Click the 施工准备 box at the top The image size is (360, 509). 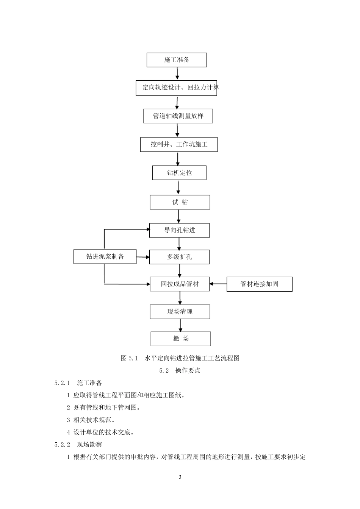point(177,60)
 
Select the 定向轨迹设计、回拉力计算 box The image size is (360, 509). point(177,87)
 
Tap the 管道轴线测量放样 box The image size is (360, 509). point(178,116)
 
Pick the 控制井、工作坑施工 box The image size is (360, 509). point(179,144)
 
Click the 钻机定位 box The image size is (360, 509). point(179,173)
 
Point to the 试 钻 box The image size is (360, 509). point(180,202)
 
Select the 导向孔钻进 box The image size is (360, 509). point(179,230)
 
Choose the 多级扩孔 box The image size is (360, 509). point(179,257)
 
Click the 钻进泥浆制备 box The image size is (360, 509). point(105,257)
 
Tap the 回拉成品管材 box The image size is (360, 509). point(180,284)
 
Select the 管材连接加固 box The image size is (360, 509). point(259,284)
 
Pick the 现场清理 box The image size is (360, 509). point(180,312)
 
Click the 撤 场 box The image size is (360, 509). point(181,339)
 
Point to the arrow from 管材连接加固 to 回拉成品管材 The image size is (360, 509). point(218,284)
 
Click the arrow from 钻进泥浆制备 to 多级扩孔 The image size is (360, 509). point(143,257)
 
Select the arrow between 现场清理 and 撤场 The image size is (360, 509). point(180,325)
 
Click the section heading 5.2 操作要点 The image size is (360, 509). point(180,370)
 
